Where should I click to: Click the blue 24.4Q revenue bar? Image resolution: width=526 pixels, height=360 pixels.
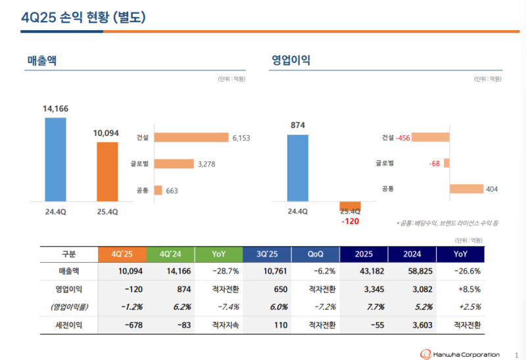pos(55,160)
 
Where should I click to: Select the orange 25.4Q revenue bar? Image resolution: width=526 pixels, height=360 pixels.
pos(107,172)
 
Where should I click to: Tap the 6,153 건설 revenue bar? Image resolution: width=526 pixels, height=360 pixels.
pos(190,138)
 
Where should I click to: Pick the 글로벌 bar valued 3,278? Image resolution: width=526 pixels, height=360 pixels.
pos(174,164)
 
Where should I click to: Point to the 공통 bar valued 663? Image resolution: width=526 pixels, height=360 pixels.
pos(158,191)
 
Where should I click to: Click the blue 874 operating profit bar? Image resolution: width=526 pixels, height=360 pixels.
pos(298,168)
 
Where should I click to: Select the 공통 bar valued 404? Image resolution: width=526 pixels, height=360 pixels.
pos(466,189)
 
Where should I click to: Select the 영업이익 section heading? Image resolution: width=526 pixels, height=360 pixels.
pos(291,60)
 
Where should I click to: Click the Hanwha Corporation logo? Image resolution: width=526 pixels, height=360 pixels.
pos(460,354)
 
